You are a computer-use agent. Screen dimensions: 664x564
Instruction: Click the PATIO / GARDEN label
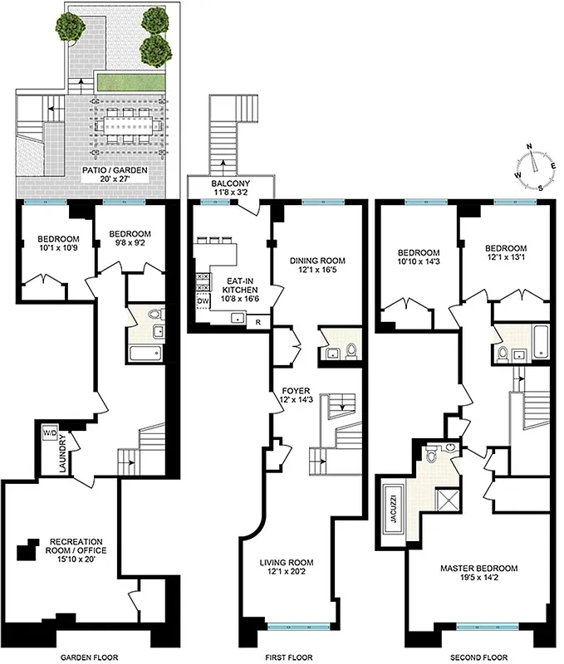pyautogui.click(x=115, y=174)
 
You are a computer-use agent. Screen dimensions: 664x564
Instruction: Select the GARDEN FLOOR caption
pyautogui.click(x=91, y=657)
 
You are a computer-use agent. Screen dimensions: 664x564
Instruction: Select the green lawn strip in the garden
pyautogui.click(x=130, y=81)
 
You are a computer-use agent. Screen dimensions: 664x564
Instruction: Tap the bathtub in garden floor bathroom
pyautogui.click(x=145, y=354)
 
